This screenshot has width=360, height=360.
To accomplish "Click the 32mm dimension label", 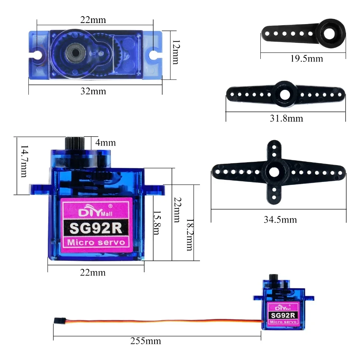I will coord(93,91).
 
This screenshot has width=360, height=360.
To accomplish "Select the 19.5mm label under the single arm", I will coord(306,59).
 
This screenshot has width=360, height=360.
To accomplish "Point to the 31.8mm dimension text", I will coord(286,118).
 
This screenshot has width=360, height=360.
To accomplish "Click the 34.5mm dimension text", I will coord(280,219).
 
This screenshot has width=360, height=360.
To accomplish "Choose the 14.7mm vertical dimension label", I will coord(24,161).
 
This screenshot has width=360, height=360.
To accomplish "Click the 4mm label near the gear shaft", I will coord(105,143).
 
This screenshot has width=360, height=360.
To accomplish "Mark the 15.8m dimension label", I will coord(156,223).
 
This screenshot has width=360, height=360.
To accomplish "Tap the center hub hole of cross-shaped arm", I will coord(274,172).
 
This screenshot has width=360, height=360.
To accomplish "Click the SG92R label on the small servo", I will coord(283,315).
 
